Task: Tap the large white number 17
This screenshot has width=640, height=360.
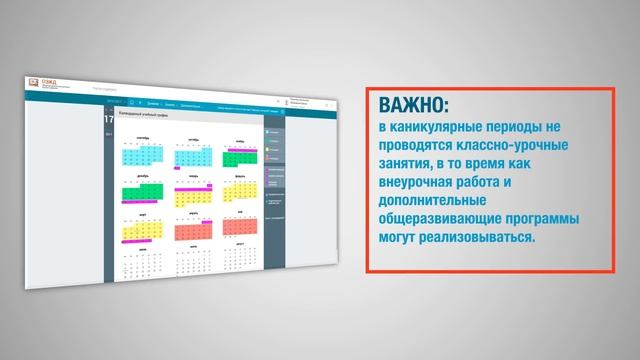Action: coord(109,118)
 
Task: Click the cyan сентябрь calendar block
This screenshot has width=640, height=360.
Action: coord(138,156)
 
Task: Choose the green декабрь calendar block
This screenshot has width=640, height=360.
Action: coord(141,192)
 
